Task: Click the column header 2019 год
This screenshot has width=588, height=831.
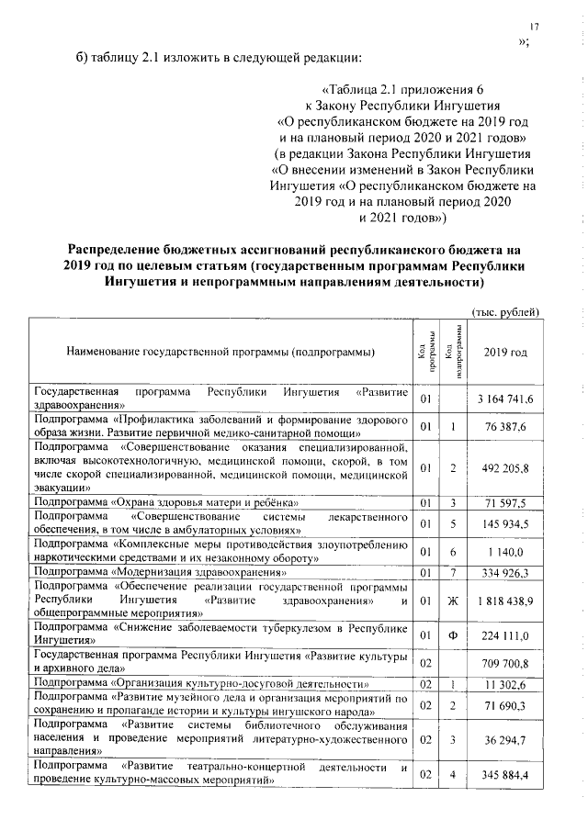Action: pos(505,353)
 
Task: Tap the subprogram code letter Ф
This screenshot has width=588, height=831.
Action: pos(453,634)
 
